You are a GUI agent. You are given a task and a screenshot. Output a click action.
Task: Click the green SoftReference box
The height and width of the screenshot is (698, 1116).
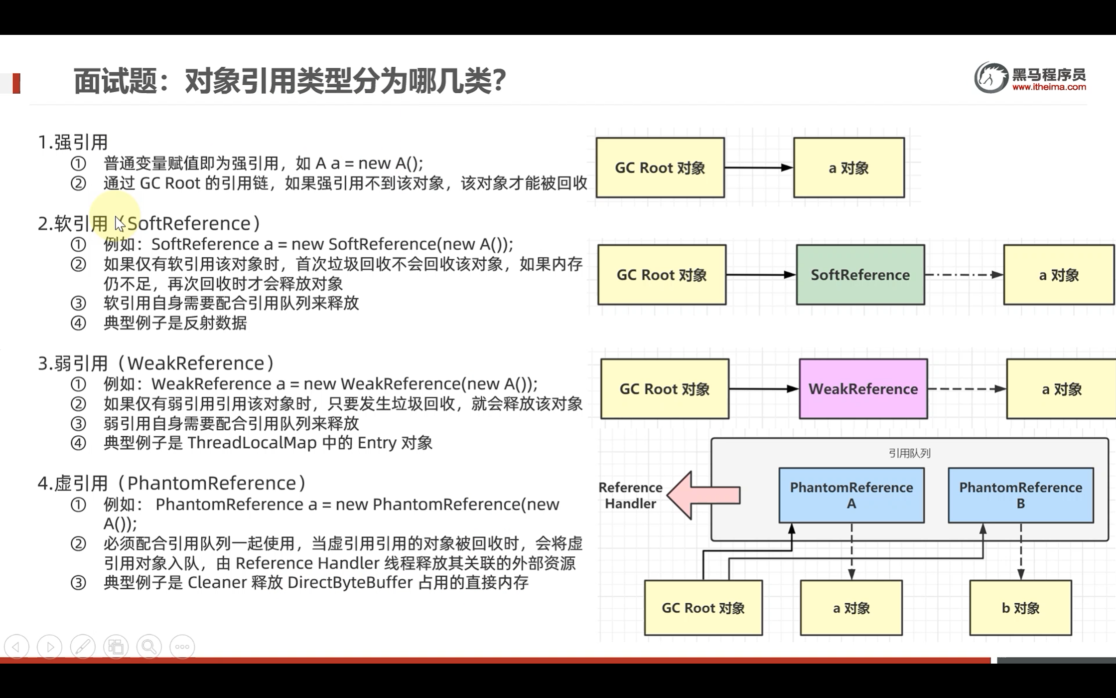click(860, 275)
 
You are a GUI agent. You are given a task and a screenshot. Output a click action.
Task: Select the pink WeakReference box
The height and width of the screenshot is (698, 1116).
click(863, 389)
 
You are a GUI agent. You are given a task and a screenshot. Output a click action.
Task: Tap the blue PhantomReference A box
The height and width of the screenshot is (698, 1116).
click(851, 495)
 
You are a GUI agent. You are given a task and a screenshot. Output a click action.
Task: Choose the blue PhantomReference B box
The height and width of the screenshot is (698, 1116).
click(1020, 495)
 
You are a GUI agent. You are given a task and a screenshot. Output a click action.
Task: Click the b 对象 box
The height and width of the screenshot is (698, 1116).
click(1020, 608)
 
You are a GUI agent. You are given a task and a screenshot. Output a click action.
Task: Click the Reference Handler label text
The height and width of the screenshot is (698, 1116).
click(630, 495)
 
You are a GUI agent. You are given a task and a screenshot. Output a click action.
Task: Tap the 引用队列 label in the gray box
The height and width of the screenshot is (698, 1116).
click(909, 453)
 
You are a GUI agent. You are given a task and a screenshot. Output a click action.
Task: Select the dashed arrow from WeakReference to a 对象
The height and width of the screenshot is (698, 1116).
click(967, 389)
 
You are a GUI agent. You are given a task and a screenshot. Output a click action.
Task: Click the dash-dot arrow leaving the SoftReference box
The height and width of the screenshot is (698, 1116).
click(964, 275)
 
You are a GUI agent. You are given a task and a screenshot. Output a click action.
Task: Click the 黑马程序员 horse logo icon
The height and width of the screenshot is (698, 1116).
click(990, 78)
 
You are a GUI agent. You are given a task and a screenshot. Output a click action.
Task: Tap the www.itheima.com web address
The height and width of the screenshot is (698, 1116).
click(1049, 87)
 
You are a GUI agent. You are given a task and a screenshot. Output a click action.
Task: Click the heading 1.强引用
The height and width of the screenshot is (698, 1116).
click(73, 142)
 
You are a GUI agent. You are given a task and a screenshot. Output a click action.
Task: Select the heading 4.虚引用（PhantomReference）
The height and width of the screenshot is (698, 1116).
click(172, 483)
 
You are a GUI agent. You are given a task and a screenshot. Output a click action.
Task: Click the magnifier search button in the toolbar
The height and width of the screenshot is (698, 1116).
click(149, 647)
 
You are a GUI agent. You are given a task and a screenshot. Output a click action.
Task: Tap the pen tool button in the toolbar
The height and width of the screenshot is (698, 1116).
click(83, 647)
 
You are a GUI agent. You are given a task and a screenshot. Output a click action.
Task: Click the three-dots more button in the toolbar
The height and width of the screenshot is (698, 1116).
click(182, 647)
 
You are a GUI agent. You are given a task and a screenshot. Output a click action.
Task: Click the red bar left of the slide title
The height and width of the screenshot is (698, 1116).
click(16, 83)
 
